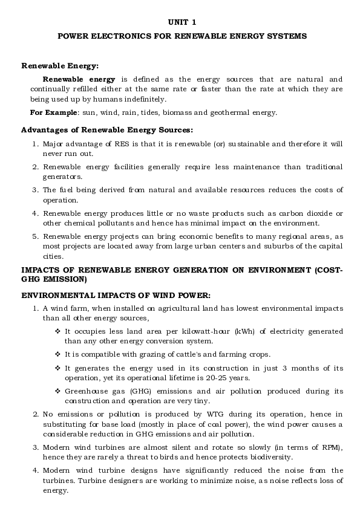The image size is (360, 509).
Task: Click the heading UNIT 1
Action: [x=182, y=22]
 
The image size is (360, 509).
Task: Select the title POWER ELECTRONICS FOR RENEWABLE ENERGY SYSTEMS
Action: [x=182, y=36]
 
